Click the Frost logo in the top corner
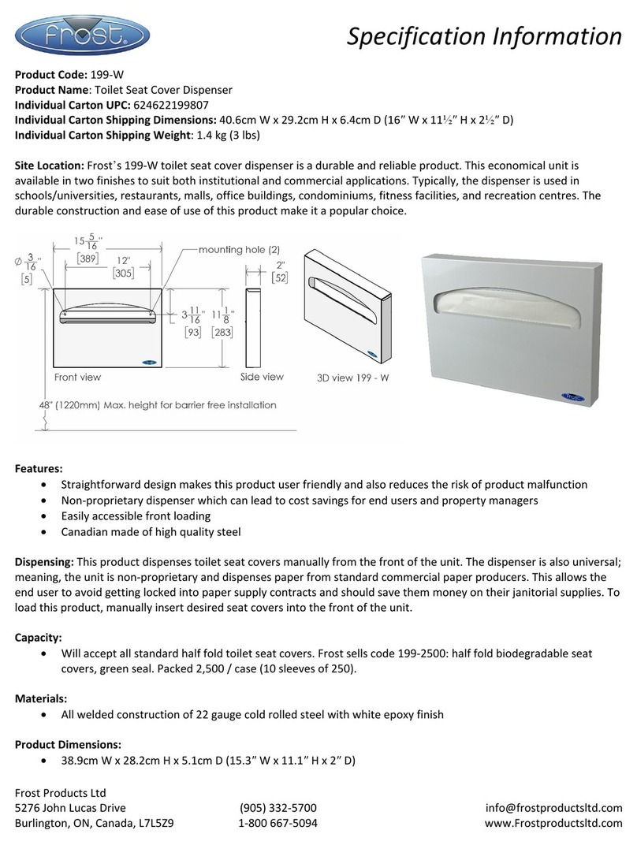[82, 35]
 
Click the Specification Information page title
[484, 36]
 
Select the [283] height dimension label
[225, 333]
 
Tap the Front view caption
[77, 378]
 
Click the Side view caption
[262, 378]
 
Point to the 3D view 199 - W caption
[352, 378]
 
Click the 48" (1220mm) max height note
[157, 405]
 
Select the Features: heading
[39, 468]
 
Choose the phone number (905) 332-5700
[278, 808]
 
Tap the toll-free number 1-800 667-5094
[278, 824]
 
